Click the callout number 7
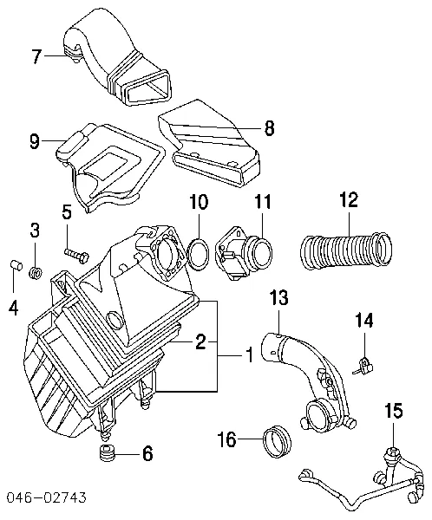(36, 58)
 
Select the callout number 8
(268, 128)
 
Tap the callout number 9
(35, 140)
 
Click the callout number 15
(395, 412)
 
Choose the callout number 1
(249, 355)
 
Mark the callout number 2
(200, 342)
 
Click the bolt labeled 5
(76, 253)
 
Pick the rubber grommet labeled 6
(109, 455)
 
